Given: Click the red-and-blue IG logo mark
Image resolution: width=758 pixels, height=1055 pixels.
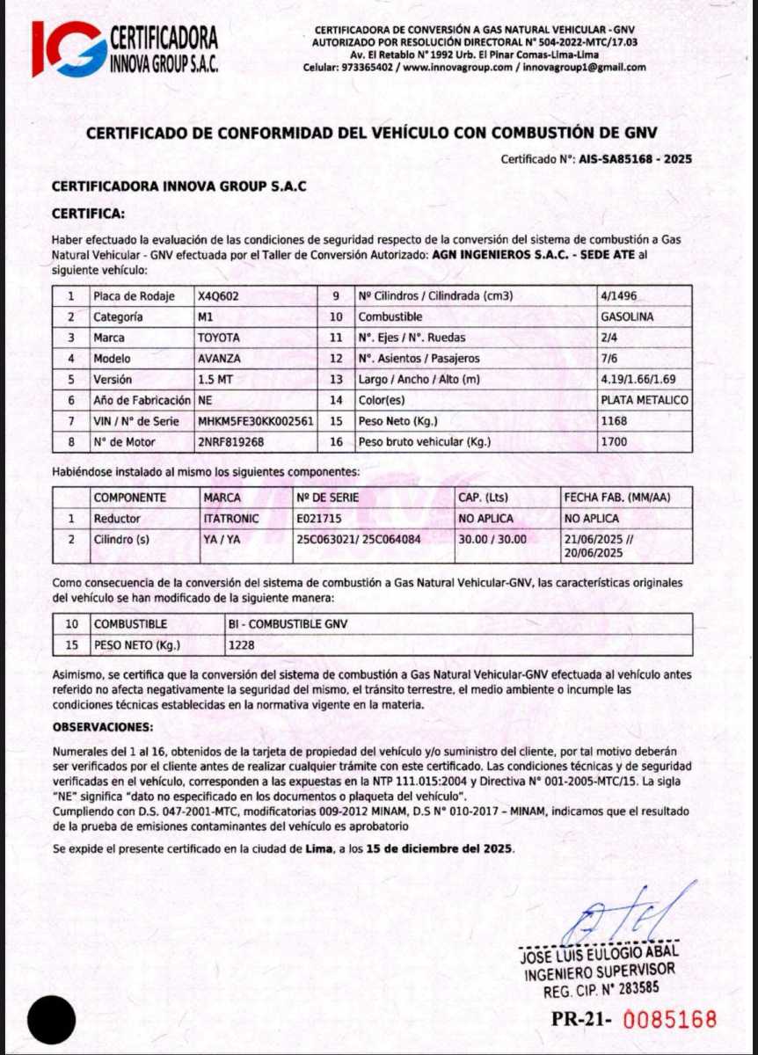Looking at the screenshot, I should click(x=68, y=48).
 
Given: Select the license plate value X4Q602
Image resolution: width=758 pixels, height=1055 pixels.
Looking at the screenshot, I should click(x=219, y=296).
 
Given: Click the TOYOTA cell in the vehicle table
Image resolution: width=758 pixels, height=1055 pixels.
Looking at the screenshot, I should click(x=219, y=338).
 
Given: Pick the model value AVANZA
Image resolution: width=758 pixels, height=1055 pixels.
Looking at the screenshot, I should click(x=220, y=359).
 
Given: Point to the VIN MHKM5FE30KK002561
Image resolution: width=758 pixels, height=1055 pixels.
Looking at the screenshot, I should click(x=256, y=421).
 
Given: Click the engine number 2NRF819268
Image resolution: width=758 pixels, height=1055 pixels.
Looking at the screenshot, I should click(x=231, y=442).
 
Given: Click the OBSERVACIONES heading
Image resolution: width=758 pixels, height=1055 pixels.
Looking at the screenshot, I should click(x=103, y=728).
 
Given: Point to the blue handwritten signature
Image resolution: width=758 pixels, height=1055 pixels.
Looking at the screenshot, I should click(x=615, y=915).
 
